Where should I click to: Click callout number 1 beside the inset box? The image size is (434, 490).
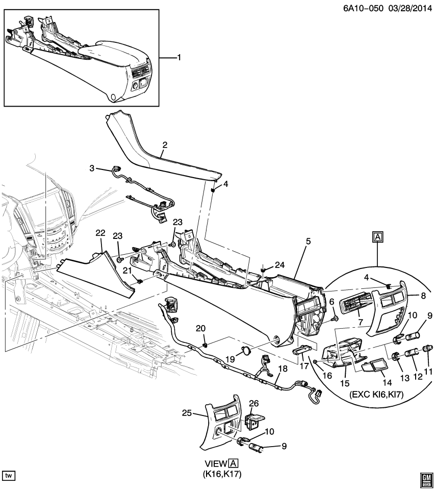pyautogui.click(x=178, y=58)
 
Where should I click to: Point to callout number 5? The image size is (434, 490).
pyautogui.click(x=308, y=241)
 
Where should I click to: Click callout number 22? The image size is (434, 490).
pyautogui.click(x=100, y=233)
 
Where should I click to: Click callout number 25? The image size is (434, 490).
pyautogui.click(x=187, y=413)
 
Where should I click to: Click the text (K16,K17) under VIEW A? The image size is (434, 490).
pyautogui.click(x=222, y=474)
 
